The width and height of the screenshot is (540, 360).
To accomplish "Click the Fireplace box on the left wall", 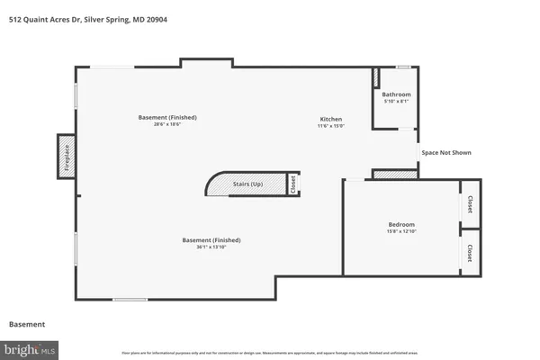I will (66, 153).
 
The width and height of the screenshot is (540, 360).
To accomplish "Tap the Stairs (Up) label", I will (248, 184).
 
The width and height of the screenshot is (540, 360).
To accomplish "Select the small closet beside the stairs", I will (292, 184).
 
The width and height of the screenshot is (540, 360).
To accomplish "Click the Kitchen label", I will (331, 120).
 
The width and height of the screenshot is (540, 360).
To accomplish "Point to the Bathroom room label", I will (396, 94).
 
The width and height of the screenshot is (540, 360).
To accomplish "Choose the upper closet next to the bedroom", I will (469, 205).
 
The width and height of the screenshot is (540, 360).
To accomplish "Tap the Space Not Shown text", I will (446, 153).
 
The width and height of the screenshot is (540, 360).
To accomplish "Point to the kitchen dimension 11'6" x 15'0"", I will (331, 127).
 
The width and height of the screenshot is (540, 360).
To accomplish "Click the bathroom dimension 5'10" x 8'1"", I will (396, 102).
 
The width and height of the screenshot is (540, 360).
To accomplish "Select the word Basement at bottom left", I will (27, 324).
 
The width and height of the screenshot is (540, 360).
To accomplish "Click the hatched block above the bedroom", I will (391, 174).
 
